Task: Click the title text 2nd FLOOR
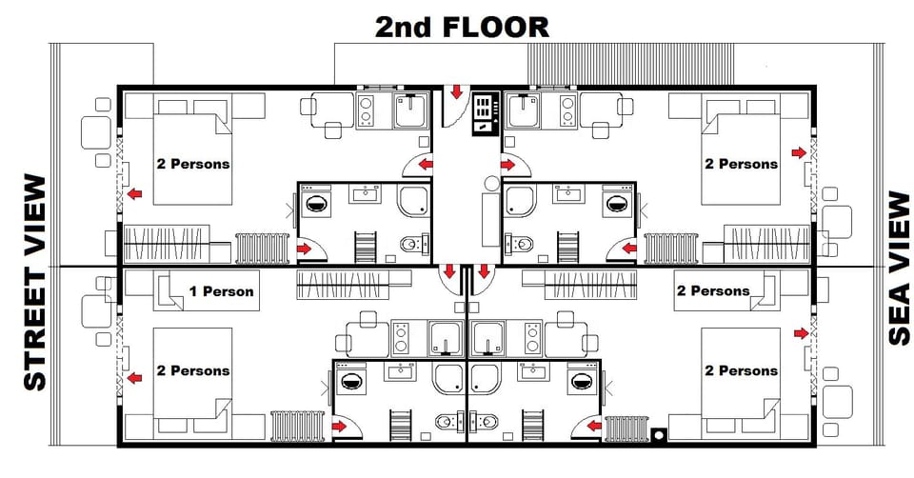pyautogui.click(x=462, y=27)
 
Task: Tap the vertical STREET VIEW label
pyautogui.click(x=34, y=283)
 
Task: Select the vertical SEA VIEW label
pyautogui.click(x=899, y=268)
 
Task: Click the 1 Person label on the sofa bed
pyautogui.click(x=222, y=290)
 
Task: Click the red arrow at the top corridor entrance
pyautogui.click(x=457, y=92)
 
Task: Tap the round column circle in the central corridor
pyautogui.click(x=491, y=182)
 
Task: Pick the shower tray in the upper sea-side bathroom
pyautogui.click(x=520, y=201)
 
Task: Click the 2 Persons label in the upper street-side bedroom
pyautogui.click(x=193, y=164)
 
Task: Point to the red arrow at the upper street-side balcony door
pyautogui.click(x=135, y=194)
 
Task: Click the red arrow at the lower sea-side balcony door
pyautogui.click(x=801, y=333)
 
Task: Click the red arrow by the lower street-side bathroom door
pyautogui.click(x=339, y=426)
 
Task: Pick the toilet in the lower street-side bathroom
pyautogui.click(x=444, y=421)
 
